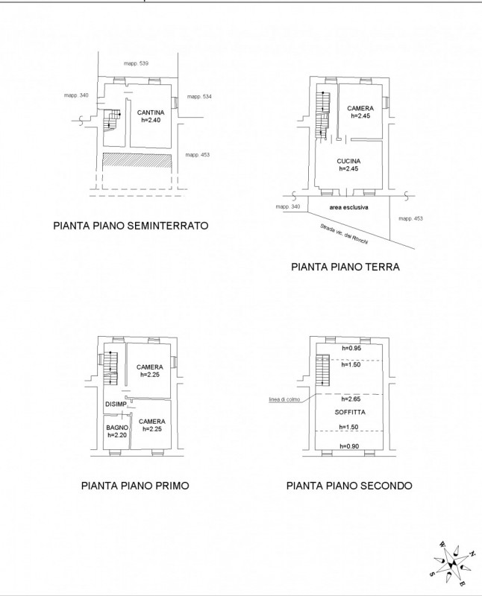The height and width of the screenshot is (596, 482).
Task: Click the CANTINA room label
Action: pyautogui.click(x=151, y=112)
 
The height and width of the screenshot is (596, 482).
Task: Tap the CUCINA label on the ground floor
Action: pyautogui.click(x=348, y=161)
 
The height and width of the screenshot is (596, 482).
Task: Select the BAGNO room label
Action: pyautogui.click(x=117, y=428)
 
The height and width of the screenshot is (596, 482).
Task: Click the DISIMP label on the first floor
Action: pyautogui.click(x=116, y=404)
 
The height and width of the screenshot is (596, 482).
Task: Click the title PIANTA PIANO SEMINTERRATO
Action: pyautogui.click(x=131, y=226)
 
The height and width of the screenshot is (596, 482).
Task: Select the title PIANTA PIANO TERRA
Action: pyautogui.click(x=345, y=267)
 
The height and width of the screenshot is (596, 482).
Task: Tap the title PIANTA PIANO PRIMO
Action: pyautogui.click(x=135, y=486)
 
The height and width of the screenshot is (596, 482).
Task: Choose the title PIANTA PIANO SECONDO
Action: pyautogui.click(x=349, y=486)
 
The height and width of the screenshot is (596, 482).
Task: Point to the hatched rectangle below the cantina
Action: pyautogui.click(x=137, y=159)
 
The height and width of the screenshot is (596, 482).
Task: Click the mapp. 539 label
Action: pyautogui.click(x=136, y=63)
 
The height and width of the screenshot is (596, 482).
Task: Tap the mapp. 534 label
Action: pyautogui.click(x=199, y=97)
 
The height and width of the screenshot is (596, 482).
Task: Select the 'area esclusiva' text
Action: pyautogui.click(x=348, y=208)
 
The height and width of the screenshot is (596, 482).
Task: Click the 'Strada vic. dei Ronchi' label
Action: pyautogui.click(x=344, y=235)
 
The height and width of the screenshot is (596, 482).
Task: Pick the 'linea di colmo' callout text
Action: pyautogui.click(x=284, y=399)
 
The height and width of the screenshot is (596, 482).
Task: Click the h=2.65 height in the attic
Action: pyautogui.click(x=351, y=399)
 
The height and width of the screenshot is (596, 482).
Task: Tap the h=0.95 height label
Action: pyautogui.click(x=351, y=348)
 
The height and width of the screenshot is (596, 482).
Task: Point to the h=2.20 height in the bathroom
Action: pyautogui.click(x=117, y=435)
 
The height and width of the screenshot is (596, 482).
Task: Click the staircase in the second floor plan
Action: pyautogui.click(x=322, y=370)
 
